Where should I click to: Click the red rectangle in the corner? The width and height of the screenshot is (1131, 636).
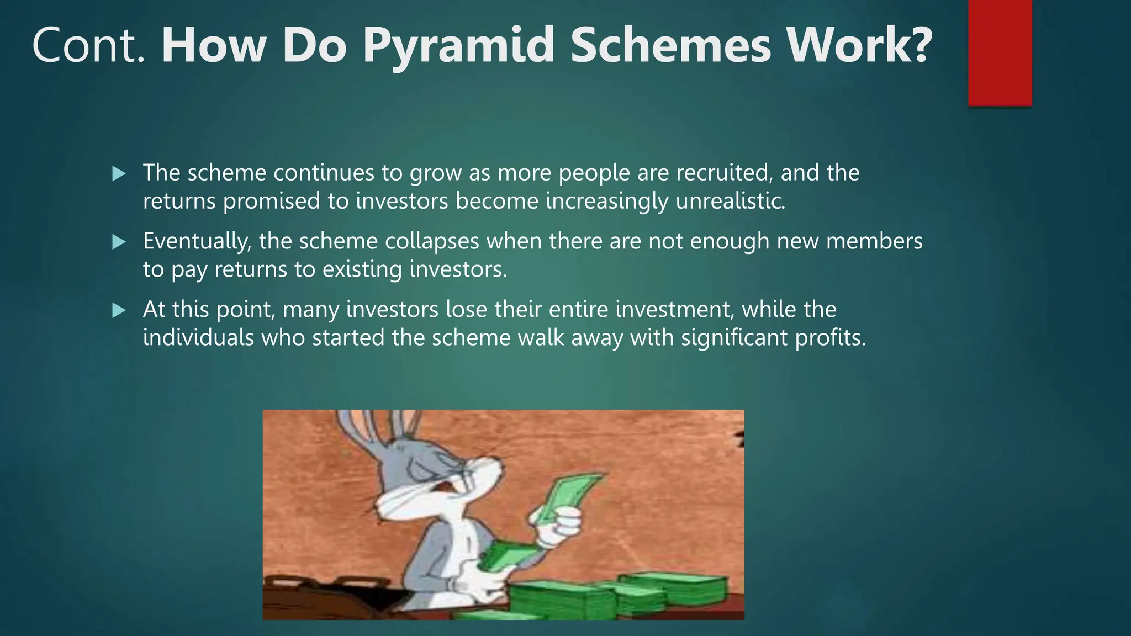(1000, 52)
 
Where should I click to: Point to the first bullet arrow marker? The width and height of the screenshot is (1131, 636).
(119, 174)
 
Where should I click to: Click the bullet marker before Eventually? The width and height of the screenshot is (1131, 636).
(119, 242)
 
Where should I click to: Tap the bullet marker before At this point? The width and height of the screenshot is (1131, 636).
(119, 310)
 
